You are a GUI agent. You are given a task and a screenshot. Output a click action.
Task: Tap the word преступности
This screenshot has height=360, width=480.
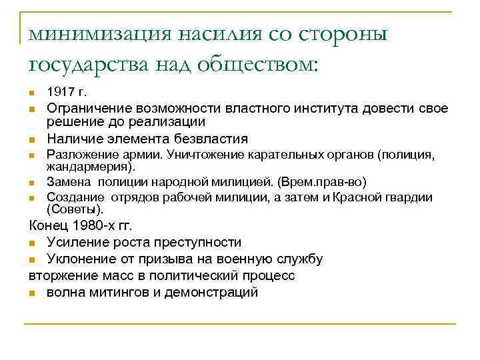coord(194,242)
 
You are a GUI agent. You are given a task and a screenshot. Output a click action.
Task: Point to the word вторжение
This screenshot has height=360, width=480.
coord(61,275)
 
